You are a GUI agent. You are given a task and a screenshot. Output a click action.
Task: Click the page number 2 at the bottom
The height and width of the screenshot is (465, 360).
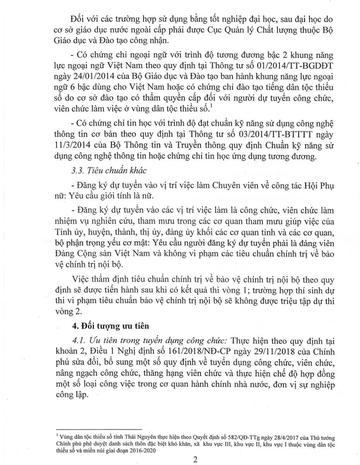click(x=195, y=460)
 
